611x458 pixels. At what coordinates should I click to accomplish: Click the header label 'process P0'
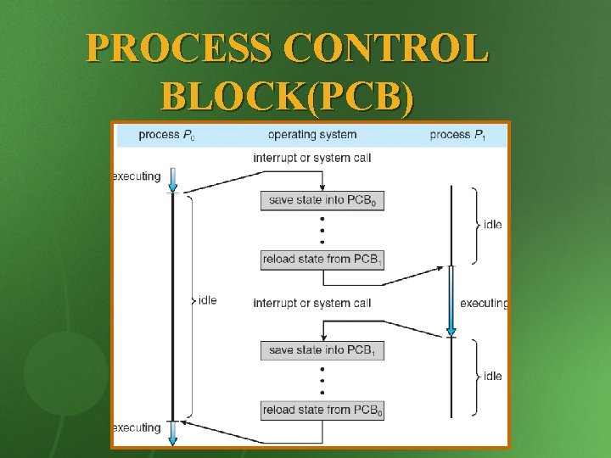166,135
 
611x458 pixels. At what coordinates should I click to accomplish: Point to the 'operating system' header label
312,135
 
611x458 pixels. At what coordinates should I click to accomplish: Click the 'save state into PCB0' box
322,200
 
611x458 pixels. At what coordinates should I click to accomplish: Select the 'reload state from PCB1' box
322,260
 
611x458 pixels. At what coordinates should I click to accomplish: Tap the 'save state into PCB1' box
322,349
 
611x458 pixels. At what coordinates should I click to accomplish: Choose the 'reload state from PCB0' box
322,411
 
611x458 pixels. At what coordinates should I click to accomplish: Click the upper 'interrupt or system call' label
312,158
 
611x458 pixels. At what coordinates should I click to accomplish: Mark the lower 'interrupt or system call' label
312,303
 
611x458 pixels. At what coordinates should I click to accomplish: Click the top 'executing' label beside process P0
137,176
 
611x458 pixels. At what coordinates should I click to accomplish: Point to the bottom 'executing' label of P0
137,427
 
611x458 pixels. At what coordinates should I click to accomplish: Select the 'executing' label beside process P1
483,303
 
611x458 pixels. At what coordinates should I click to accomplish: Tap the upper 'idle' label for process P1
492,225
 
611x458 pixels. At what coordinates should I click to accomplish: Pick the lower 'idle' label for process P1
492,376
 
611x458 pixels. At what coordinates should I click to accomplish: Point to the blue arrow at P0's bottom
173,433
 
